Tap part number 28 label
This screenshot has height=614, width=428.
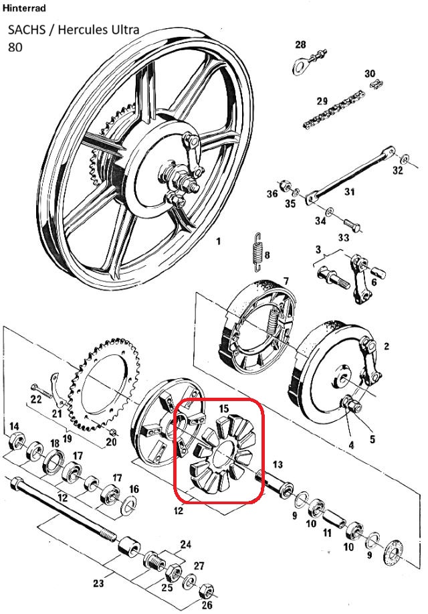300,45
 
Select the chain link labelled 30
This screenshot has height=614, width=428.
375,85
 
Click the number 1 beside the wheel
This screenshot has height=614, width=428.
218,242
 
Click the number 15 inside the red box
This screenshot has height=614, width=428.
223,407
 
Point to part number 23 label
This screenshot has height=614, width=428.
98,584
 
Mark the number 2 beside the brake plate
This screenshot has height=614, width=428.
386,346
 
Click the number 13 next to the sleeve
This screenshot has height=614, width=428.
278,464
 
